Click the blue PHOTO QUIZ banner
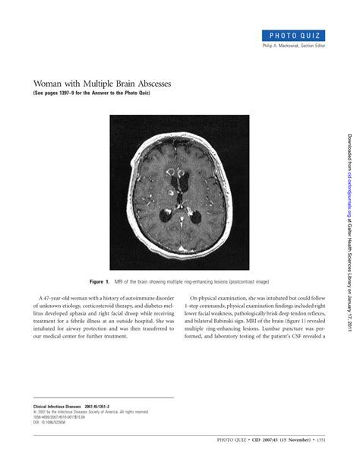296,35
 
